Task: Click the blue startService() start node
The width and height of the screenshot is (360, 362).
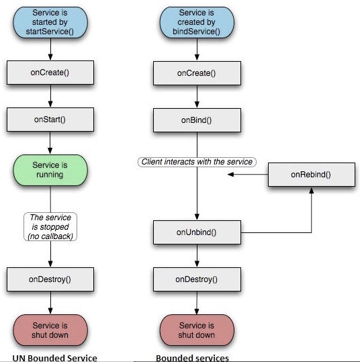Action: point(50,22)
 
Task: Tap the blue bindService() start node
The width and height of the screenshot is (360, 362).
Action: point(197,22)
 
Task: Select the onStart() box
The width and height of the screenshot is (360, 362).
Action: point(50,120)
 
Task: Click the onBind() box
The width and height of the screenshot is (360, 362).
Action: point(197,120)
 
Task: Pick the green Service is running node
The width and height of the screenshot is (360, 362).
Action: point(50,170)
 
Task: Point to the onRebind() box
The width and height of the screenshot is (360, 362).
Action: point(312,175)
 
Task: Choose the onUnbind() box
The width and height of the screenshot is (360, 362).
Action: point(197,232)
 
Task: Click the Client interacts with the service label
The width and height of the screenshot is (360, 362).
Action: point(197,162)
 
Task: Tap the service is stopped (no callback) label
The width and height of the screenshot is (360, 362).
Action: point(50,227)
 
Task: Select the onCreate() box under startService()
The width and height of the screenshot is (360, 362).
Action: point(50,73)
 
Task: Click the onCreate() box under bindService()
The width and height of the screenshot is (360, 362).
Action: point(197,73)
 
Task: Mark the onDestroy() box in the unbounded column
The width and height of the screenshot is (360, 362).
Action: point(50,279)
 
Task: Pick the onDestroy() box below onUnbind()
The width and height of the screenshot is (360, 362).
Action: point(197,279)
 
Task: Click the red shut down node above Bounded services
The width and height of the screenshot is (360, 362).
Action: point(197,330)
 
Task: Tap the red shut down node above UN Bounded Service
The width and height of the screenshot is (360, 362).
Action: point(50,330)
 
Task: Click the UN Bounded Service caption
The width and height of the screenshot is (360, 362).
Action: point(54,358)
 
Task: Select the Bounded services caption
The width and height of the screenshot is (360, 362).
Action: point(192,358)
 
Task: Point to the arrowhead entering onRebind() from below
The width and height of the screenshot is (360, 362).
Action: point(312,190)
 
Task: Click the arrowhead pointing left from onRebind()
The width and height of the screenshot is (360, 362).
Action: point(230,175)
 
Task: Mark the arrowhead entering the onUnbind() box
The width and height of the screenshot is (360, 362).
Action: point(197,217)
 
